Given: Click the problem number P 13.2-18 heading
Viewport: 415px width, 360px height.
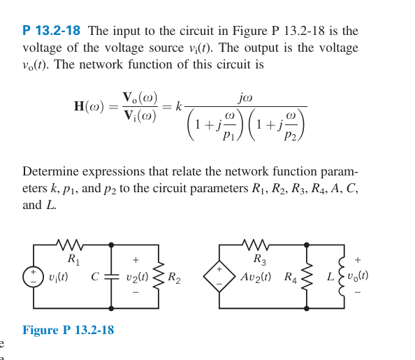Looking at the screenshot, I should pos(51,31).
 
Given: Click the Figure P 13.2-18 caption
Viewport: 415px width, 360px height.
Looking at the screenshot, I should pos(68,331).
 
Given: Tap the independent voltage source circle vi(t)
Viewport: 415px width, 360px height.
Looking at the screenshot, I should pos(33,277).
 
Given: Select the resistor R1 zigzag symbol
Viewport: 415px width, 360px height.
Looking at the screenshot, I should pos(70,245).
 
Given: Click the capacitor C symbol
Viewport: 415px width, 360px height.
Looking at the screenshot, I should pos(111,277).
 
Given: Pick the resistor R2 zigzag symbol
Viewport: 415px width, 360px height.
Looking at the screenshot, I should pos(159,277).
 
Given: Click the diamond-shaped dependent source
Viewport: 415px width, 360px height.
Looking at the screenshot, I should pos(219,277).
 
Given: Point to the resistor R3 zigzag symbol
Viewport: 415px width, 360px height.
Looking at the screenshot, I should pos(256,245).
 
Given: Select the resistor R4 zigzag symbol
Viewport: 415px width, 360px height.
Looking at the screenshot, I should pos(306,277).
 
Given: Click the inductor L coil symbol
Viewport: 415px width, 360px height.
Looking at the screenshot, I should pos(342,277).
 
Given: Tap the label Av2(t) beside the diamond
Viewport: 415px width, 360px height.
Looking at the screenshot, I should pos(256,277).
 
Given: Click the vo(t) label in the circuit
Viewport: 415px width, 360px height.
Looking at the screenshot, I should pos(358,276).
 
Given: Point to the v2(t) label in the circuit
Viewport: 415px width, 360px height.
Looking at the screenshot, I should pos(137,277).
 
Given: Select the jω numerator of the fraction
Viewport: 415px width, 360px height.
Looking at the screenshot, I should pos(245,98).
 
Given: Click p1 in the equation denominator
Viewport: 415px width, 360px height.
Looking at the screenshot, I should pos(229,135).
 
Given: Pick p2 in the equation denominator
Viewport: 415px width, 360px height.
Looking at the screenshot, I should pos(291,135).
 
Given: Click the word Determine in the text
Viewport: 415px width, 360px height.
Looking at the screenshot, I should pos(50,172).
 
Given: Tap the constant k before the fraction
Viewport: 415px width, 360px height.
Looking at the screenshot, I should pos(178,107).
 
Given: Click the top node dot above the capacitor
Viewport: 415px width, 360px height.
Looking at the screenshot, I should pos(111,245).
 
